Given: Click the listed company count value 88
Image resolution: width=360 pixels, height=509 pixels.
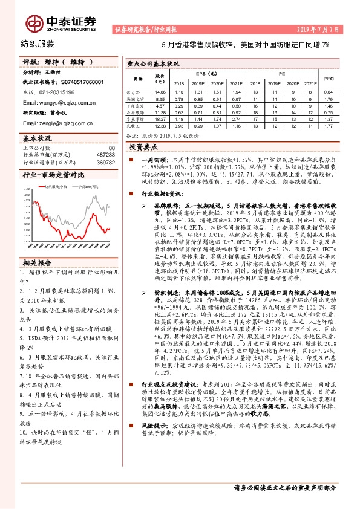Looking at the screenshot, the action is (111, 148).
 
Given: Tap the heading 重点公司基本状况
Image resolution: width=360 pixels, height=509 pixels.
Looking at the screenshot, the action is (154, 63).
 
